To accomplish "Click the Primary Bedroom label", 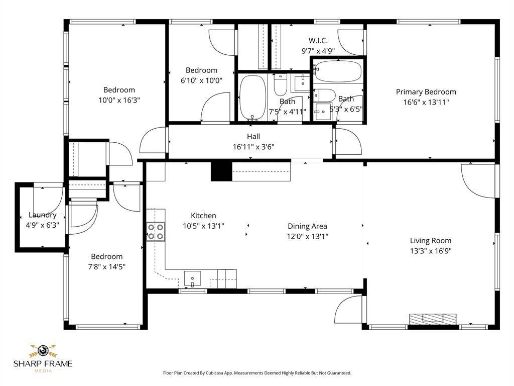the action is (x=426, y=92).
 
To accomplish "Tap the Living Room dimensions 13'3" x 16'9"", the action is (x=431, y=251).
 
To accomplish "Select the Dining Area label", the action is (x=307, y=226).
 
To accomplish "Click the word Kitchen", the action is (x=203, y=216).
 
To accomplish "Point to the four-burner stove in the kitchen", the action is (x=156, y=232).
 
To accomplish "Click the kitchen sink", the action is (x=192, y=279).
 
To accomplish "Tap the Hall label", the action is (x=253, y=137).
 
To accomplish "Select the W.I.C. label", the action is (x=318, y=41).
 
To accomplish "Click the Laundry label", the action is (x=42, y=215).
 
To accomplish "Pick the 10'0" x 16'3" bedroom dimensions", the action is (x=119, y=100).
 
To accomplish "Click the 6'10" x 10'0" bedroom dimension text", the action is (x=202, y=80).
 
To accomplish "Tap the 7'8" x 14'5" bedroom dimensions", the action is (x=106, y=267).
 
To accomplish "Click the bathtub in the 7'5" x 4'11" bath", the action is (x=252, y=98).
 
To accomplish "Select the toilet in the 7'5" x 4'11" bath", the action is (x=280, y=85).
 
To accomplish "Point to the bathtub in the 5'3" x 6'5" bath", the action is (x=338, y=71).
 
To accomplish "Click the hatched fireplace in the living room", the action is (x=433, y=318).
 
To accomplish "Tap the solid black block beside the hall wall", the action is (x=221, y=171).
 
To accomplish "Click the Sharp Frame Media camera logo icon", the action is (x=43, y=351).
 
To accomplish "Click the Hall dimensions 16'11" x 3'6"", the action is (x=253, y=147).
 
